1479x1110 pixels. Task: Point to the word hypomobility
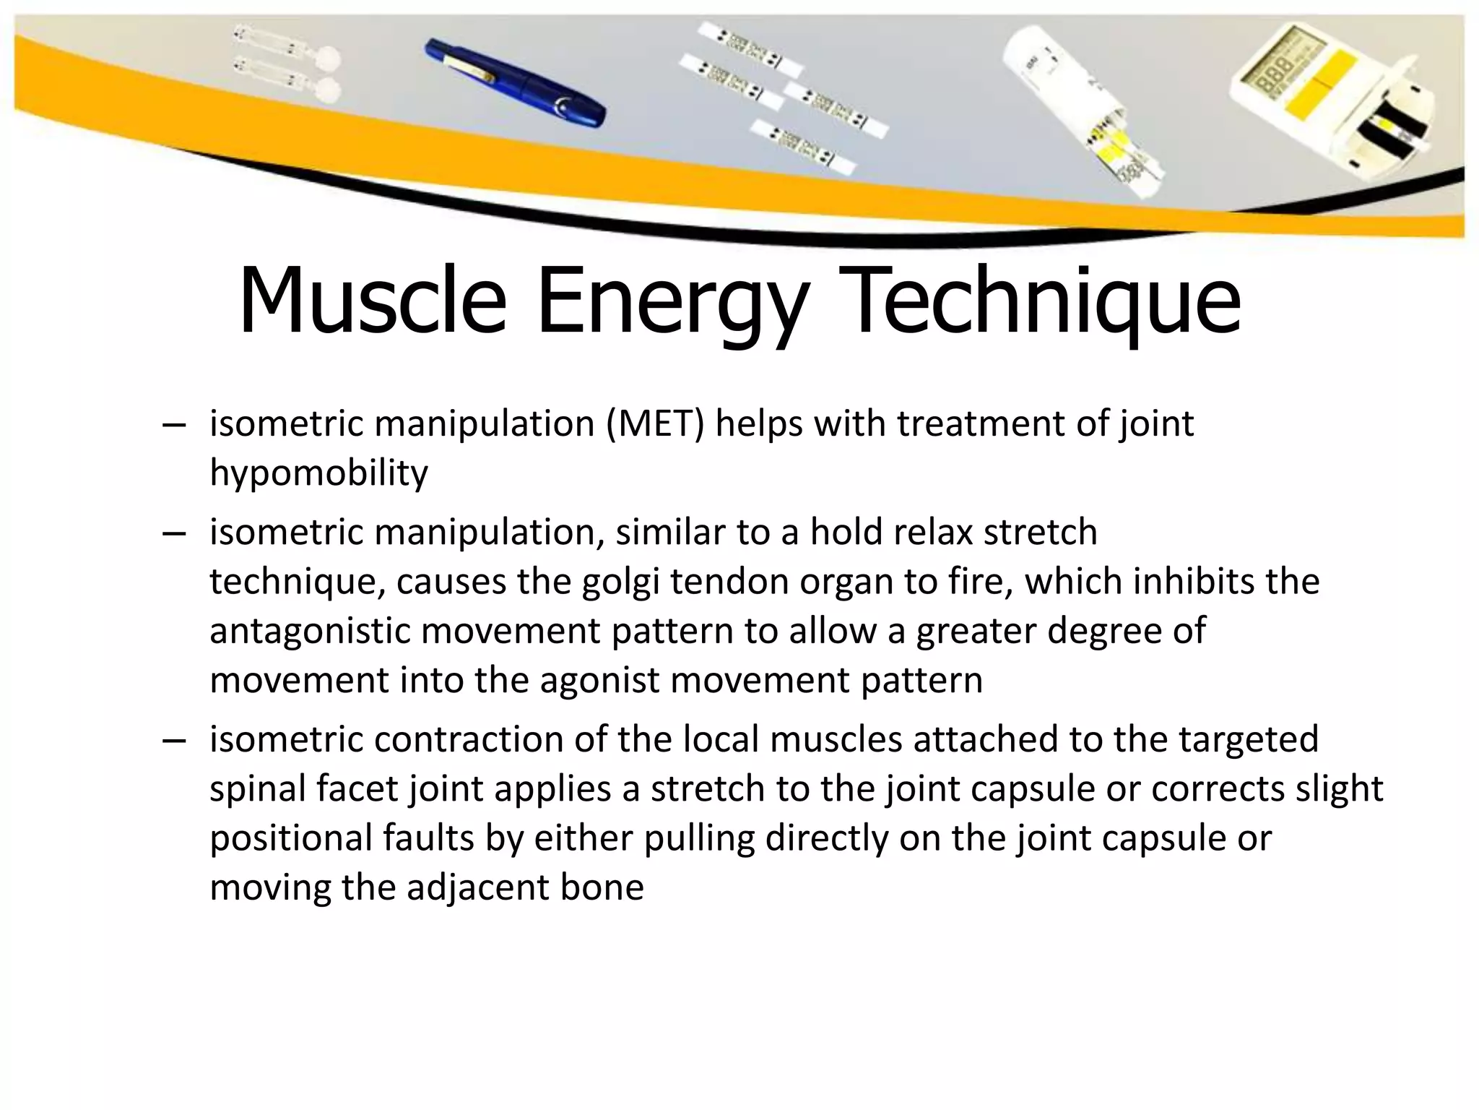click(318, 474)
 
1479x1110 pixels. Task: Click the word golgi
click(622, 582)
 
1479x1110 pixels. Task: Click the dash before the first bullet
click(174, 425)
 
